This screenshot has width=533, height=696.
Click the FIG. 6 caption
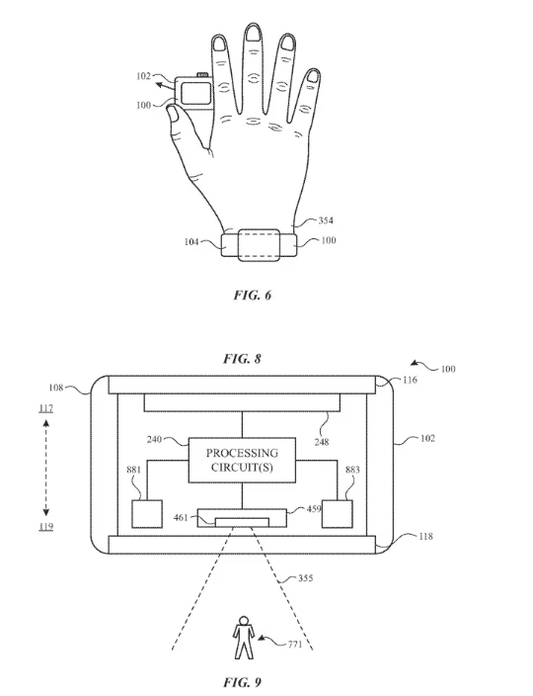pyautogui.click(x=252, y=296)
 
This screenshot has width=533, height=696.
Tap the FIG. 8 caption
pyautogui.click(x=243, y=359)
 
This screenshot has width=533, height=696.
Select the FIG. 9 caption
pyautogui.click(x=243, y=682)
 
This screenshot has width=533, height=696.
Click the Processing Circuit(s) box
pyautogui.click(x=242, y=460)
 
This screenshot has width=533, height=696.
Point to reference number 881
pyautogui.click(x=134, y=470)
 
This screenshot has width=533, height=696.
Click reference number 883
pyautogui.click(x=352, y=470)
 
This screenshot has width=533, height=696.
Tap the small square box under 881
pyautogui.click(x=147, y=514)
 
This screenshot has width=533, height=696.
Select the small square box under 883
pyautogui.click(x=338, y=514)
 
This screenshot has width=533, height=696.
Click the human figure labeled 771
pyautogui.click(x=243, y=638)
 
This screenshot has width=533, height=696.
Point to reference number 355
pyautogui.click(x=305, y=578)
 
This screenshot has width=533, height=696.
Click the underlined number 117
pyautogui.click(x=45, y=408)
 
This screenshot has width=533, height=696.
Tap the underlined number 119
pyautogui.click(x=45, y=526)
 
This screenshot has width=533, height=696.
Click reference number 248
pyautogui.click(x=322, y=442)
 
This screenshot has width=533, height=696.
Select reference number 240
pyautogui.click(x=154, y=439)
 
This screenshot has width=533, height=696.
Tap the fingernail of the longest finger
pyautogui.click(x=254, y=33)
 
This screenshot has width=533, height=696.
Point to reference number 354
pyautogui.click(x=326, y=220)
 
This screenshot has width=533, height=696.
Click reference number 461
pyautogui.click(x=181, y=517)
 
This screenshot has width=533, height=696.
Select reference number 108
pyautogui.click(x=56, y=388)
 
